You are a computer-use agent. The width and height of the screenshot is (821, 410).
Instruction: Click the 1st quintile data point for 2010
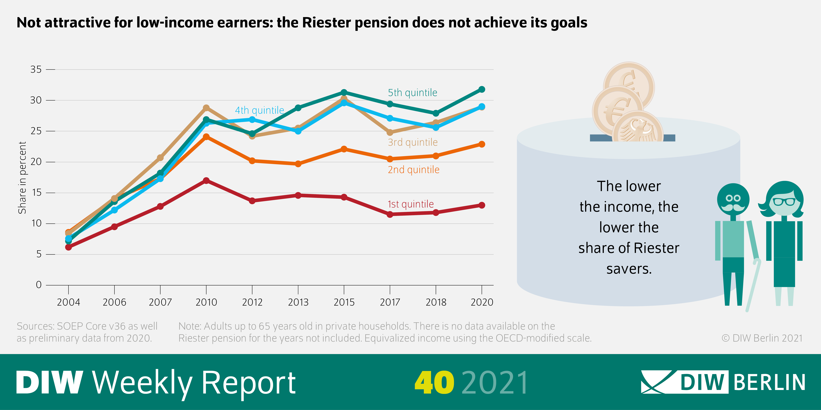click(206, 180)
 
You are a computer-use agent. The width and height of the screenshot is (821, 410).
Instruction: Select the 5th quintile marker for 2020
click(482, 89)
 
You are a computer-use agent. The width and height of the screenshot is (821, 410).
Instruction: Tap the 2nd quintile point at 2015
click(344, 149)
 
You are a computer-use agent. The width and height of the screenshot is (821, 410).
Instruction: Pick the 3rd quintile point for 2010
click(206, 108)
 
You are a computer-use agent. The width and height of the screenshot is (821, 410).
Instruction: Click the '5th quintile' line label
click(412, 93)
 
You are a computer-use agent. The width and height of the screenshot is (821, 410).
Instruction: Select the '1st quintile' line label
click(410, 204)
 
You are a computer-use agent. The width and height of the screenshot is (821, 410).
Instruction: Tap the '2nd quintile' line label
click(413, 170)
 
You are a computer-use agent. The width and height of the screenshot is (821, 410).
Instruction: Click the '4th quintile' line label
click(259, 110)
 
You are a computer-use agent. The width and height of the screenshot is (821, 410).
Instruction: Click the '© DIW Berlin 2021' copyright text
click(762, 338)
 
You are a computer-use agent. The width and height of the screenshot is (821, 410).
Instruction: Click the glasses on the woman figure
click(784, 201)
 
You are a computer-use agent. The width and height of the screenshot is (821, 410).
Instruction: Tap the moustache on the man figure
click(733, 208)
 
